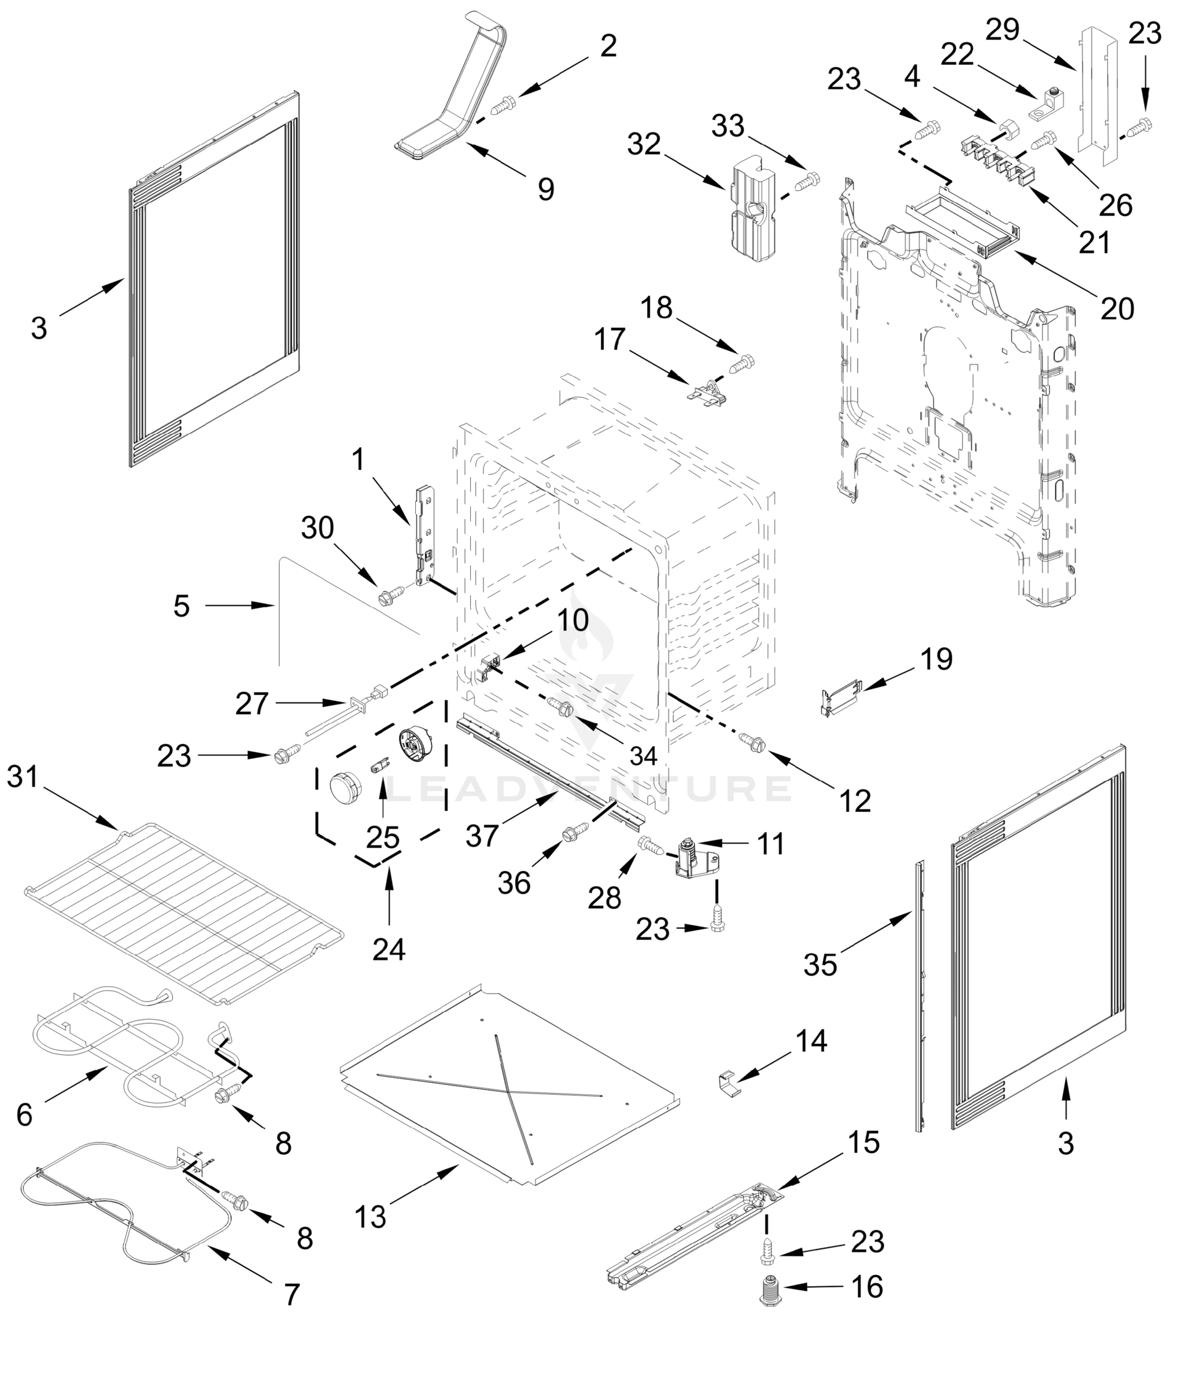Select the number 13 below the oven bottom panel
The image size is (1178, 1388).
click(x=371, y=1217)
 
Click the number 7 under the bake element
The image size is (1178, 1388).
click(x=292, y=1294)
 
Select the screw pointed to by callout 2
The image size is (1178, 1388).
click(x=502, y=105)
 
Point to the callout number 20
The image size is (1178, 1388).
click(x=1117, y=309)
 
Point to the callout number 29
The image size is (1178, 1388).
click(x=1003, y=30)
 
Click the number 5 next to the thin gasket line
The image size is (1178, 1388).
click(x=181, y=606)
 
